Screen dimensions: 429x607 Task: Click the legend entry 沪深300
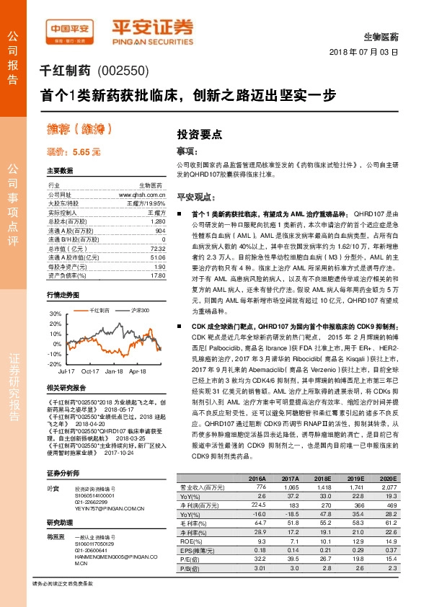(140, 310)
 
